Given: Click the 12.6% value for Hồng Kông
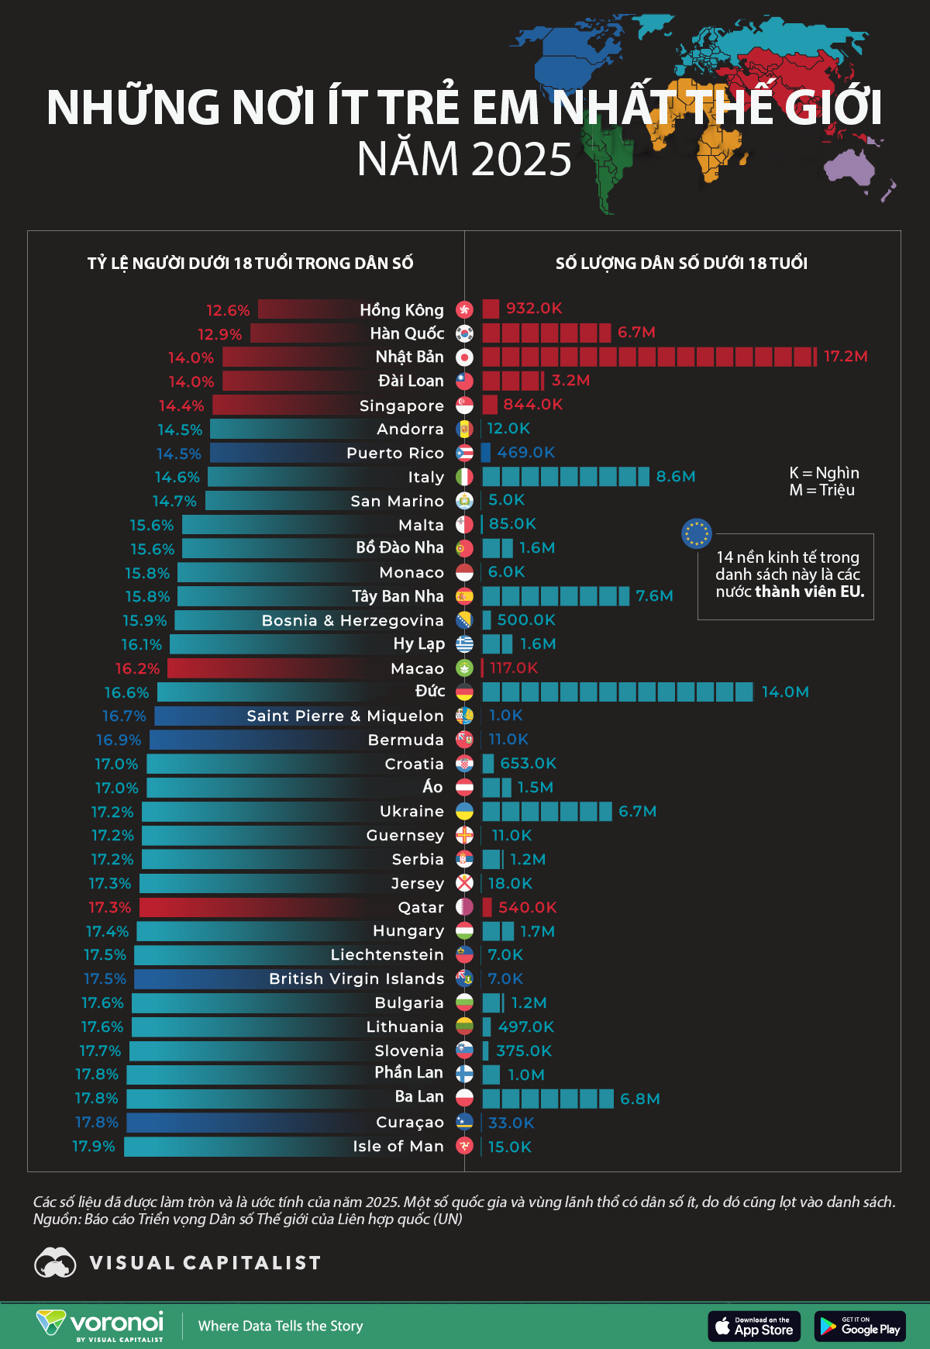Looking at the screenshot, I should point(228,310).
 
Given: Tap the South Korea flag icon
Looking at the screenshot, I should point(464,333).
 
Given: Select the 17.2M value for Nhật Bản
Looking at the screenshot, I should point(846,357).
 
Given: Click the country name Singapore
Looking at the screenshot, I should point(401,405).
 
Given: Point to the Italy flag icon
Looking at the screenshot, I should point(464,477).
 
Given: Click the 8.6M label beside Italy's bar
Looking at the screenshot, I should point(676,477).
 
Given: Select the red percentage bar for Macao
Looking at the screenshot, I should point(279,668).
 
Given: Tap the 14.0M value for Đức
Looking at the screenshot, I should point(785,692).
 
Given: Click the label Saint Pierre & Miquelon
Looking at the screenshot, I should point(345,716).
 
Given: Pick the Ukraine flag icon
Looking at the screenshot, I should point(464,811).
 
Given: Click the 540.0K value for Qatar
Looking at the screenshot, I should point(528,907).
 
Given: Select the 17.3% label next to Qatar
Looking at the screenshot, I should point(110,907).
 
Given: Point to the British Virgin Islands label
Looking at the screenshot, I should point(356,978).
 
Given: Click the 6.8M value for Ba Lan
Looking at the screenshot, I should point(640,1099).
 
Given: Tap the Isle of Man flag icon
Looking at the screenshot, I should point(464,1146).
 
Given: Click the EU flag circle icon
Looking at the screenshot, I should point(696,533).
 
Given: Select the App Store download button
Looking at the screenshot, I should point(754,1326).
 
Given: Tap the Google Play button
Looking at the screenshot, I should point(859,1326).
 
